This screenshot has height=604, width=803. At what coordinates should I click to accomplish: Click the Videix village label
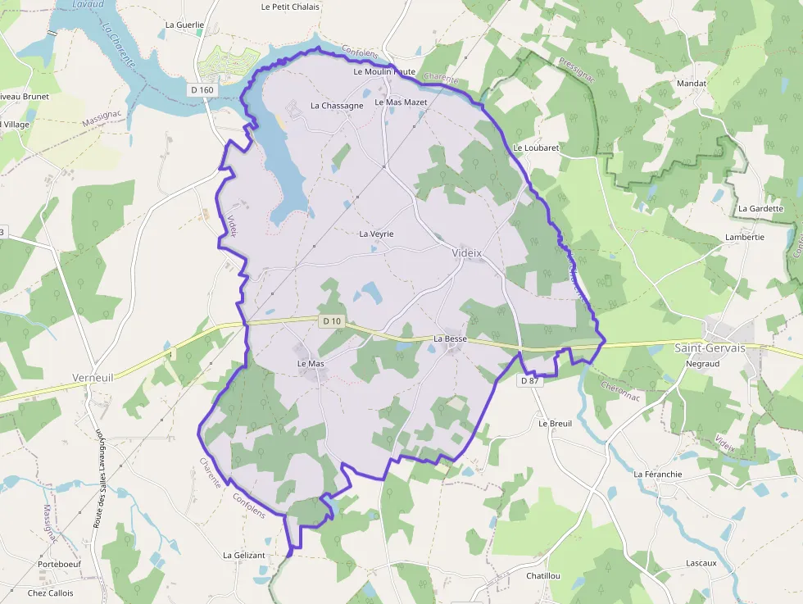[467, 253]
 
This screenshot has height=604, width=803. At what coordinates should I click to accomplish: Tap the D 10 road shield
[331, 321]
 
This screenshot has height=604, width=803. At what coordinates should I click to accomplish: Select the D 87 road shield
[530, 381]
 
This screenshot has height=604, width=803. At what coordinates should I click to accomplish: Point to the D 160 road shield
[201, 89]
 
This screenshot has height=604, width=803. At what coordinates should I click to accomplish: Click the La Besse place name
[450, 338]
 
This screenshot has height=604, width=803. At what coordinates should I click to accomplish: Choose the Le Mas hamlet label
[311, 363]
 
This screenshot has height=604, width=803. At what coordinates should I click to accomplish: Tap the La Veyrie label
[377, 234]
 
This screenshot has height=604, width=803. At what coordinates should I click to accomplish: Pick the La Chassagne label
[337, 106]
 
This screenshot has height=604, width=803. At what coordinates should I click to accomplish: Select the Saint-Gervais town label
[710, 347]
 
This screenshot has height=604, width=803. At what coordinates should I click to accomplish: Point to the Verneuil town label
[93, 378]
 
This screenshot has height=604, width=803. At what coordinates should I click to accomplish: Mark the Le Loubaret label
[536, 148]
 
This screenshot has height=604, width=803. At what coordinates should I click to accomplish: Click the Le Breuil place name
[555, 424]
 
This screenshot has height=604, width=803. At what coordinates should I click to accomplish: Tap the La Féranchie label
[658, 474]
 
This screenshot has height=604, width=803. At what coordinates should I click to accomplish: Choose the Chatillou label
[543, 576]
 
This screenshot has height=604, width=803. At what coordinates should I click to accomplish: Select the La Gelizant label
[244, 555]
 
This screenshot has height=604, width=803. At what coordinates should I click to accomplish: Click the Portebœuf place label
[61, 565]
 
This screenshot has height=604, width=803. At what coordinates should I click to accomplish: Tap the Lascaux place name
[701, 563]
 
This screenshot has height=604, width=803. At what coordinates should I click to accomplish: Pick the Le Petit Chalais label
[290, 7]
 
